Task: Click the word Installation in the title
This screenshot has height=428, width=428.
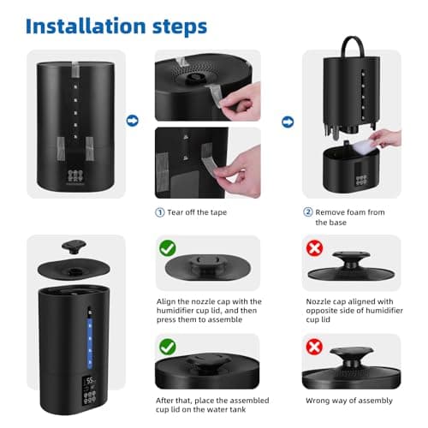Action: pyautogui.click(x=86, y=27)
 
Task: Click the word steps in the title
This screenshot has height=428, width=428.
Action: pyautogui.click(x=180, y=27)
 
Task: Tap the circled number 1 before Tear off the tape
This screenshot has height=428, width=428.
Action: pyautogui.click(x=160, y=212)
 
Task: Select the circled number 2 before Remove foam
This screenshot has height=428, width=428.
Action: pyautogui.click(x=308, y=212)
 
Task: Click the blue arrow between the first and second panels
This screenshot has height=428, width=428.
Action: pyautogui.click(x=133, y=121)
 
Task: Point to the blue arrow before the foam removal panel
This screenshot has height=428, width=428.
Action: pyautogui.click(x=288, y=122)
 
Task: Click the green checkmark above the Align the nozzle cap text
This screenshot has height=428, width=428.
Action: pyautogui.click(x=168, y=248)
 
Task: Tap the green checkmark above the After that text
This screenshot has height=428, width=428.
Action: pyautogui.click(x=168, y=347)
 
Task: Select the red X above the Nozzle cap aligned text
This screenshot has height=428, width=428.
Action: pyautogui.click(x=314, y=248)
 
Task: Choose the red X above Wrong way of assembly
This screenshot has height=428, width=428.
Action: pyautogui.click(x=314, y=347)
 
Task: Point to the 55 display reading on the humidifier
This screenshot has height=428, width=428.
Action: pyautogui.click(x=90, y=380)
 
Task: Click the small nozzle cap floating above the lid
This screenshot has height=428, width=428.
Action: pyautogui.click(x=74, y=247)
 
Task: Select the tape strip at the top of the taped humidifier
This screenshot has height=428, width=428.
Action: pyautogui.click(x=75, y=69)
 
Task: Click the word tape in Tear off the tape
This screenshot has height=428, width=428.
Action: pyautogui.click(x=218, y=213)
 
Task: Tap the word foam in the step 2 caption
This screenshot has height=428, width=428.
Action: pyautogui.click(x=354, y=212)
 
